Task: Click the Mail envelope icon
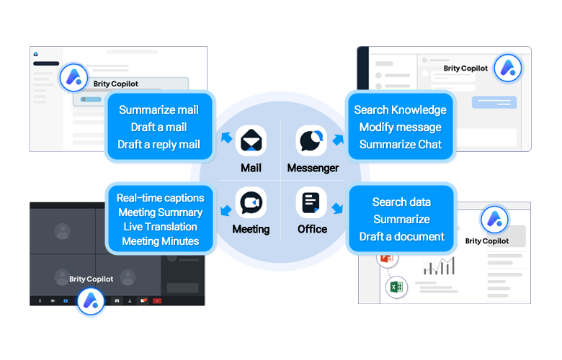pyautogui.click(x=251, y=140)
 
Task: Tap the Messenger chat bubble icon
pyautogui.click(x=312, y=140)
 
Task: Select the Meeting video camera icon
pyautogui.click(x=251, y=203)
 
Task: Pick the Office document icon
pyautogui.click(x=311, y=203)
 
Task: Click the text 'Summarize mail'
pyautogui.click(x=159, y=110)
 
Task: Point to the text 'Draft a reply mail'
pyautogui.click(x=159, y=144)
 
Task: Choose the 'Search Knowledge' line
pyautogui.click(x=400, y=110)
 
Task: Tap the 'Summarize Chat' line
pyautogui.click(x=400, y=144)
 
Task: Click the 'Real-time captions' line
pyautogui.click(x=160, y=197)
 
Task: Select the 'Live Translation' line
pyautogui.click(x=160, y=226)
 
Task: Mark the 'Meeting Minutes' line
pyautogui.click(x=160, y=240)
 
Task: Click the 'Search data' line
pyautogui.click(x=401, y=202)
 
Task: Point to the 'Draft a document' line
pyautogui.click(x=401, y=236)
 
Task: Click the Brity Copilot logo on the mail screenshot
pyautogui.click(x=73, y=76)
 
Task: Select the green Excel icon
pyautogui.click(x=396, y=287)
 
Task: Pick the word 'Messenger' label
pyautogui.click(x=313, y=168)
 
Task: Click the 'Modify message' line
pyautogui.click(x=400, y=127)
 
